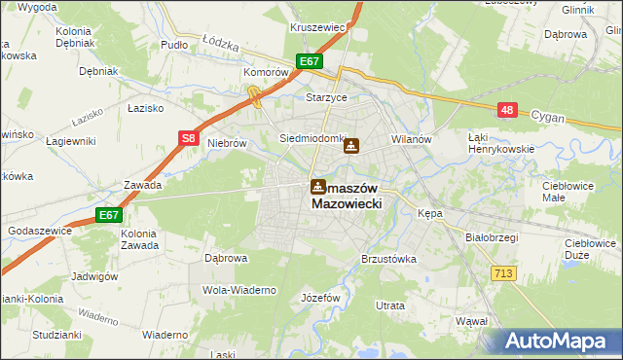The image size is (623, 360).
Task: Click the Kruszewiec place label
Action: (318, 27)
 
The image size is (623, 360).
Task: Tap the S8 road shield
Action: (190, 139)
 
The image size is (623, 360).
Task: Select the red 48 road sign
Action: (506, 110)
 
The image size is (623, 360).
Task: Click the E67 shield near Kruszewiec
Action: (311, 62)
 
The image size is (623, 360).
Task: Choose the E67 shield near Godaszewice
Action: (108, 215)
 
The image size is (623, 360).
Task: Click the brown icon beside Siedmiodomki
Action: (351, 147)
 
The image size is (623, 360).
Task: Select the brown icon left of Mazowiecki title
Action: (318, 187)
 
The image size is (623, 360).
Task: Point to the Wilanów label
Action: (411, 139)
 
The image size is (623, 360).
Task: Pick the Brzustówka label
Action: (388, 259)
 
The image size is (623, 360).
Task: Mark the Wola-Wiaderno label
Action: (239, 290)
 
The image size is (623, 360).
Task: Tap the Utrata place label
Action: (390, 306)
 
